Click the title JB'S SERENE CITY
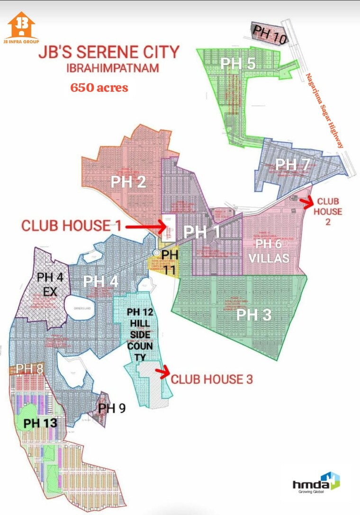109,52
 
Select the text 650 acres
99,87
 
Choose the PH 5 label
238,64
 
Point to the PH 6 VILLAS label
272,251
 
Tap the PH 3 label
254,314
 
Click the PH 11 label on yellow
170,260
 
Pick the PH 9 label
112,408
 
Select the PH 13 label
40,423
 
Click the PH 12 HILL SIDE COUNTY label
140,334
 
